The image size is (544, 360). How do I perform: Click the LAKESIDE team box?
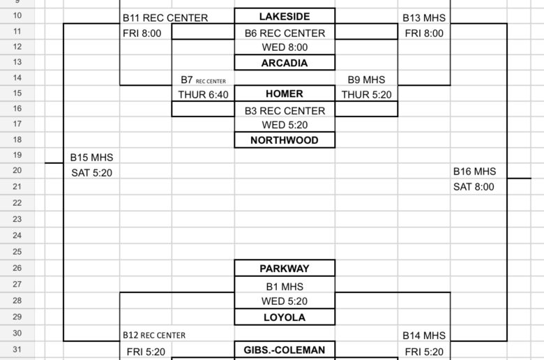[285, 16]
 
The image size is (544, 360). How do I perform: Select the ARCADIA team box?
[285, 63]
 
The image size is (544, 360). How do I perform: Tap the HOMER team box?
[285, 93]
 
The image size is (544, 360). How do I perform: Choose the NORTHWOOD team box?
[285, 140]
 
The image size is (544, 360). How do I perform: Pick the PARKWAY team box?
[285, 269]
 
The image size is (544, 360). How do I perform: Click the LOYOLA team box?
[285, 317]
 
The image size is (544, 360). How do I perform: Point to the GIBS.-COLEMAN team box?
[285, 350]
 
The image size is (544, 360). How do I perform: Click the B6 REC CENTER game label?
[285, 33]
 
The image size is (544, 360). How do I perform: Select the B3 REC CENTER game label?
[285, 111]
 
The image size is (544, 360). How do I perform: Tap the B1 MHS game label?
[285, 287]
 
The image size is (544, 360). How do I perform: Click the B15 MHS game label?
[91, 158]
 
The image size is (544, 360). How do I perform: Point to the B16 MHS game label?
[475, 172]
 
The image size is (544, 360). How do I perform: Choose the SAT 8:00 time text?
[474, 187]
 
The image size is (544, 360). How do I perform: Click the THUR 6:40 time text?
[204, 95]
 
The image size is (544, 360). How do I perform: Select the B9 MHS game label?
[366, 80]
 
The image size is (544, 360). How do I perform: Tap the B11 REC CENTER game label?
[165, 17]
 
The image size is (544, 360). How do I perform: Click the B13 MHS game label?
[424, 17]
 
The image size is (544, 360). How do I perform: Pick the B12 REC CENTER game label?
[154, 336]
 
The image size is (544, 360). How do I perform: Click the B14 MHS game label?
[424, 336]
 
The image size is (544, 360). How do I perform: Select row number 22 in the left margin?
[17, 203]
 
